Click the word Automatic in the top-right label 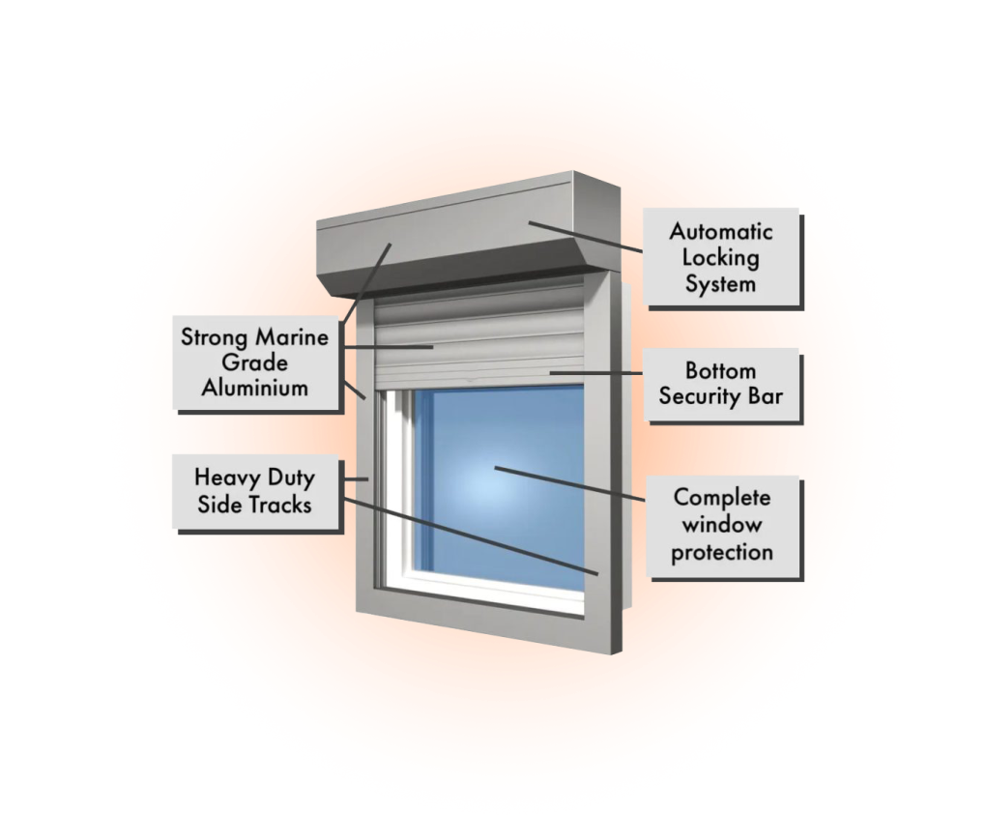(x=720, y=231)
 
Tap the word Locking (x=720, y=258)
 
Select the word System (x=720, y=284)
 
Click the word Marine (x=291, y=337)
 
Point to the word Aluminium (x=254, y=388)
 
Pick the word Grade (x=254, y=362)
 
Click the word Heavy (x=227, y=478)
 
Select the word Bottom (x=720, y=371)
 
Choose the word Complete (x=722, y=498)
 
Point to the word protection (x=722, y=553)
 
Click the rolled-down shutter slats (x=479, y=336)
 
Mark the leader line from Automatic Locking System (x=586, y=237)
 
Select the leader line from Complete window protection (x=569, y=484)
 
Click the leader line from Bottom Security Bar (x=596, y=373)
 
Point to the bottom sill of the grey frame (x=489, y=620)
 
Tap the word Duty (x=291, y=478)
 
